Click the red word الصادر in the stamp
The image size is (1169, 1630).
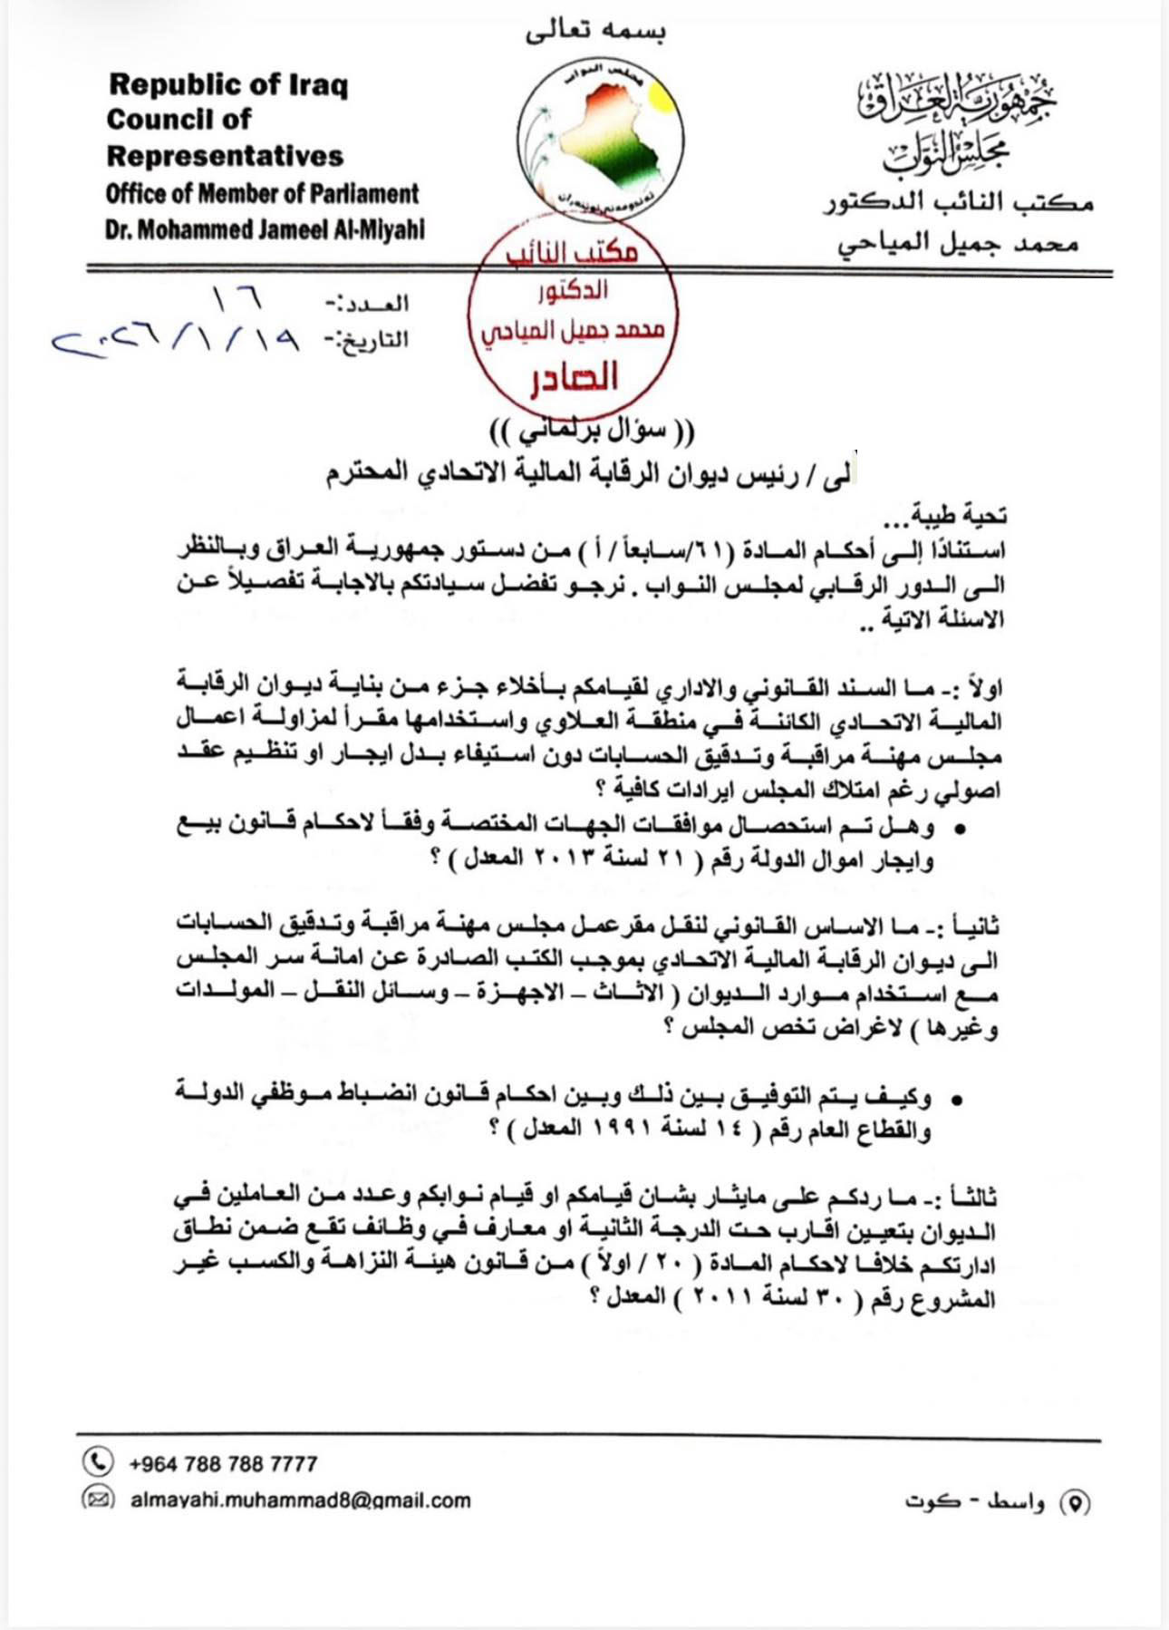click(575, 377)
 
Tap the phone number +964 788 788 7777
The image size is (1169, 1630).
click(223, 1463)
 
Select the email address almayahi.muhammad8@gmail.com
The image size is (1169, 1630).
click(300, 1500)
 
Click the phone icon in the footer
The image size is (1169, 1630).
click(98, 1461)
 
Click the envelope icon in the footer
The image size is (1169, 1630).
click(98, 1499)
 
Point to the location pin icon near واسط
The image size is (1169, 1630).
click(1075, 1503)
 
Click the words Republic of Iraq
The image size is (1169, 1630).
click(228, 84)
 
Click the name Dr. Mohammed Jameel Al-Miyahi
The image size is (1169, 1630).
click(265, 229)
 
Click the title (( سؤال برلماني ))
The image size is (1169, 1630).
click(592, 429)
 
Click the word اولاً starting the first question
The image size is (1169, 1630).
click(983, 688)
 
